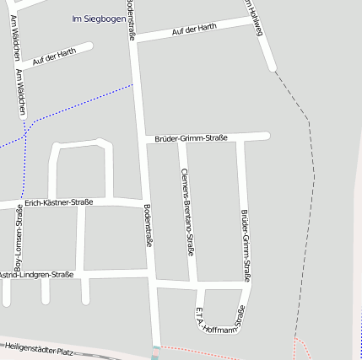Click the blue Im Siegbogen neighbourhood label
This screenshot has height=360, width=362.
[x=99, y=19]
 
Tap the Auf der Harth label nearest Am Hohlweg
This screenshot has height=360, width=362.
[x=193, y=30]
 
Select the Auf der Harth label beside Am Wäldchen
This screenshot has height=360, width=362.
[x=54, y=56]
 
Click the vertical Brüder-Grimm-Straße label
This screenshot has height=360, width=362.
[x=246, y=244]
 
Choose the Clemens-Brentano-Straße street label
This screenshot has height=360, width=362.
[x=189, y=211]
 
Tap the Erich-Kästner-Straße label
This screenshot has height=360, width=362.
[x=59, y=202]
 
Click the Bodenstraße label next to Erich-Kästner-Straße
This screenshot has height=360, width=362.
[x=149, y=226]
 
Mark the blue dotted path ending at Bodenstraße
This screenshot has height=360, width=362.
[x=84, y=101]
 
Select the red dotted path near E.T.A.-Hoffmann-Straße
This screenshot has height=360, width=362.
[x=203, y=348]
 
